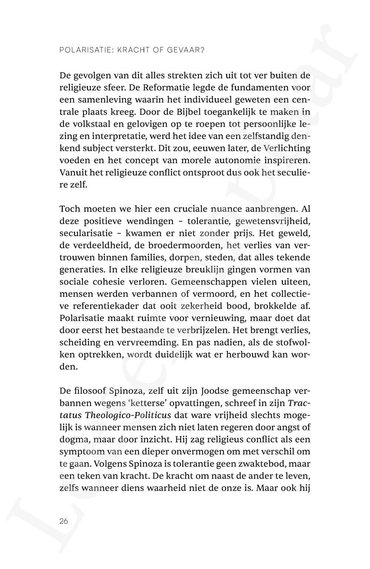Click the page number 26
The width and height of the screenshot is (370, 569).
tap(64, 521)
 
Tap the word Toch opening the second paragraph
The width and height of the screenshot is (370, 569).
tap(70, 209)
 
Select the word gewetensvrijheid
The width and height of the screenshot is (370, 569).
tap(272, 221)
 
